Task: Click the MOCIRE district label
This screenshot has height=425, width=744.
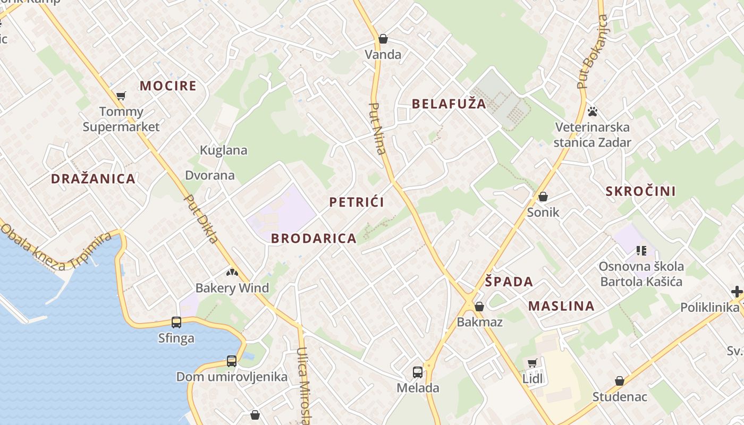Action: (168, 86)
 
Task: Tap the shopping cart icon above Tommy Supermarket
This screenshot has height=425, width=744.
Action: (121, 96)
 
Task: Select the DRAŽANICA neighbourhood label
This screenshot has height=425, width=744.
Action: (93, 178)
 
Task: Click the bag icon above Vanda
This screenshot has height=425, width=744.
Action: (383, 39)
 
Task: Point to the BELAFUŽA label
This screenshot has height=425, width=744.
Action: (449, 104)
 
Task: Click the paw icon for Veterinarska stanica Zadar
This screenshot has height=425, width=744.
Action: (593, 112)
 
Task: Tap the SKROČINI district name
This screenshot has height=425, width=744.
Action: (641, 191)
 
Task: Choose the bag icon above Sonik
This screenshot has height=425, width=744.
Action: (543, 197)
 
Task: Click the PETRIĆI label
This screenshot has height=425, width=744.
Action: (357, 202)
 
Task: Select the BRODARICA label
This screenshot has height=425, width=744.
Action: (314, 239)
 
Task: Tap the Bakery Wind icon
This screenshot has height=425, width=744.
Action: (232, 273)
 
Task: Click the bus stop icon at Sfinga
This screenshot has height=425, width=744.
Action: (176, 322)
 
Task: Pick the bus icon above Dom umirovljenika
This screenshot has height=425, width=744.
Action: (232, 361)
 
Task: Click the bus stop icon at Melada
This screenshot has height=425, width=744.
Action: (418, 372)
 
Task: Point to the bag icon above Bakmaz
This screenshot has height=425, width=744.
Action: (479, 307)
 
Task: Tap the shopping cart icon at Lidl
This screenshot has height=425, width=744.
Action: (532, 363)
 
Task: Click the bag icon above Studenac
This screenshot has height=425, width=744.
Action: (620, 381)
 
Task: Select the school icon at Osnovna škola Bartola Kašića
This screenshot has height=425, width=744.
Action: (641, 250)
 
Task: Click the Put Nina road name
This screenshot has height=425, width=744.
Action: (377, 128)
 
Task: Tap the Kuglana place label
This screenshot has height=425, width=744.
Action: (224, 150)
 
